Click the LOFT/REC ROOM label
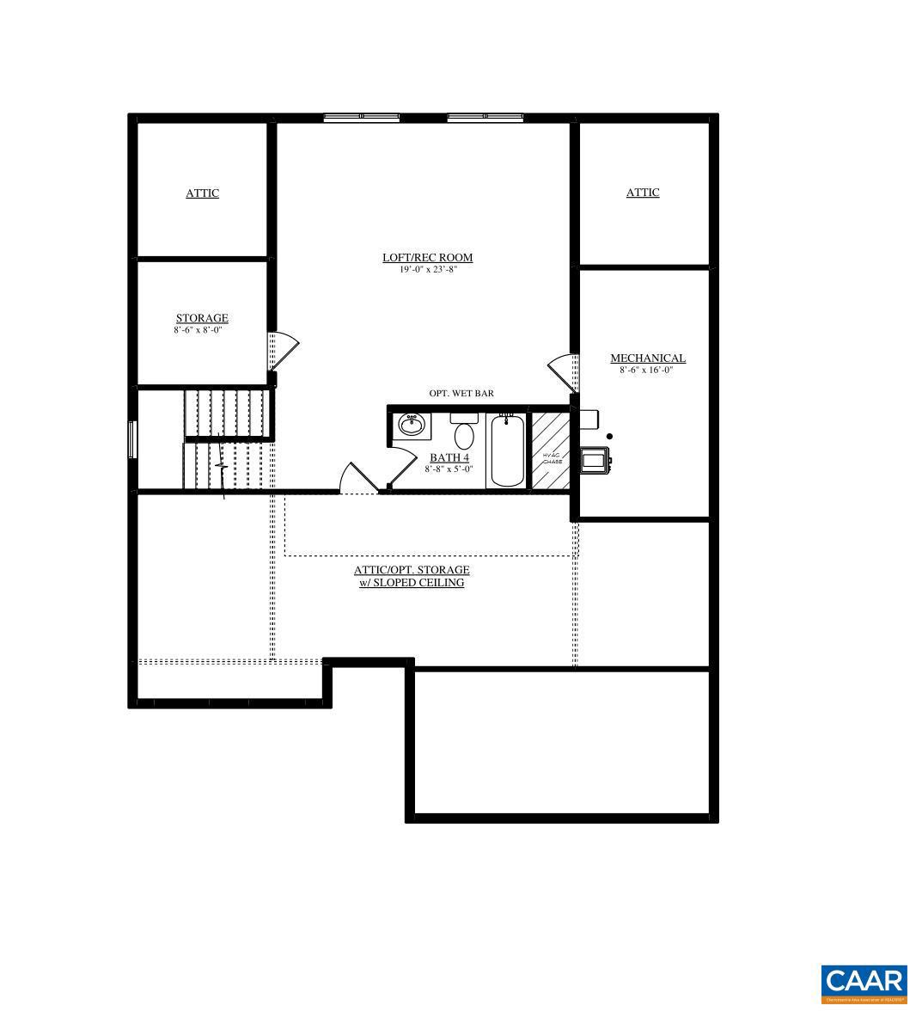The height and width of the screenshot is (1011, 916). [427, 257]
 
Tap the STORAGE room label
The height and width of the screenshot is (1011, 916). [202, 318]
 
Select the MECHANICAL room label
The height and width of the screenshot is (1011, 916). [647, 358]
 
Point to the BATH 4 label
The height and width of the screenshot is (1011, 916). [449, 457]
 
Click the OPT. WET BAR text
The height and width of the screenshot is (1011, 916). [461, 394]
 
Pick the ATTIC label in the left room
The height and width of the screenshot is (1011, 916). [202, 193]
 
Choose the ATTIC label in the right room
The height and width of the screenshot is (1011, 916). [642, 193]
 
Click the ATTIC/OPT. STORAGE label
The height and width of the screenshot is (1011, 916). [412, 570]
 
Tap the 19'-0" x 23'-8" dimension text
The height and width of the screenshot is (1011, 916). [427, 270]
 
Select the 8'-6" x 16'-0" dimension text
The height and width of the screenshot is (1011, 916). [646, 371]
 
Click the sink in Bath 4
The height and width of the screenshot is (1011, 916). [412, 424]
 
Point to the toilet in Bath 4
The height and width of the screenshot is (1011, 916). [464, 430]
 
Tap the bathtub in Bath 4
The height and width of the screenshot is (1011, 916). [506, 450]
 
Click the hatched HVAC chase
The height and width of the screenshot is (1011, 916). [550, 450]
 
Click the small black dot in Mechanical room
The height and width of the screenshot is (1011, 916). [609, 437]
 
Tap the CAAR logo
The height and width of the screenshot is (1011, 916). [864, 983]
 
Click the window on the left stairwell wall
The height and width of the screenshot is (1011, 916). [131, 439]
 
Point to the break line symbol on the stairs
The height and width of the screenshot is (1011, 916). [222, 467]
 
